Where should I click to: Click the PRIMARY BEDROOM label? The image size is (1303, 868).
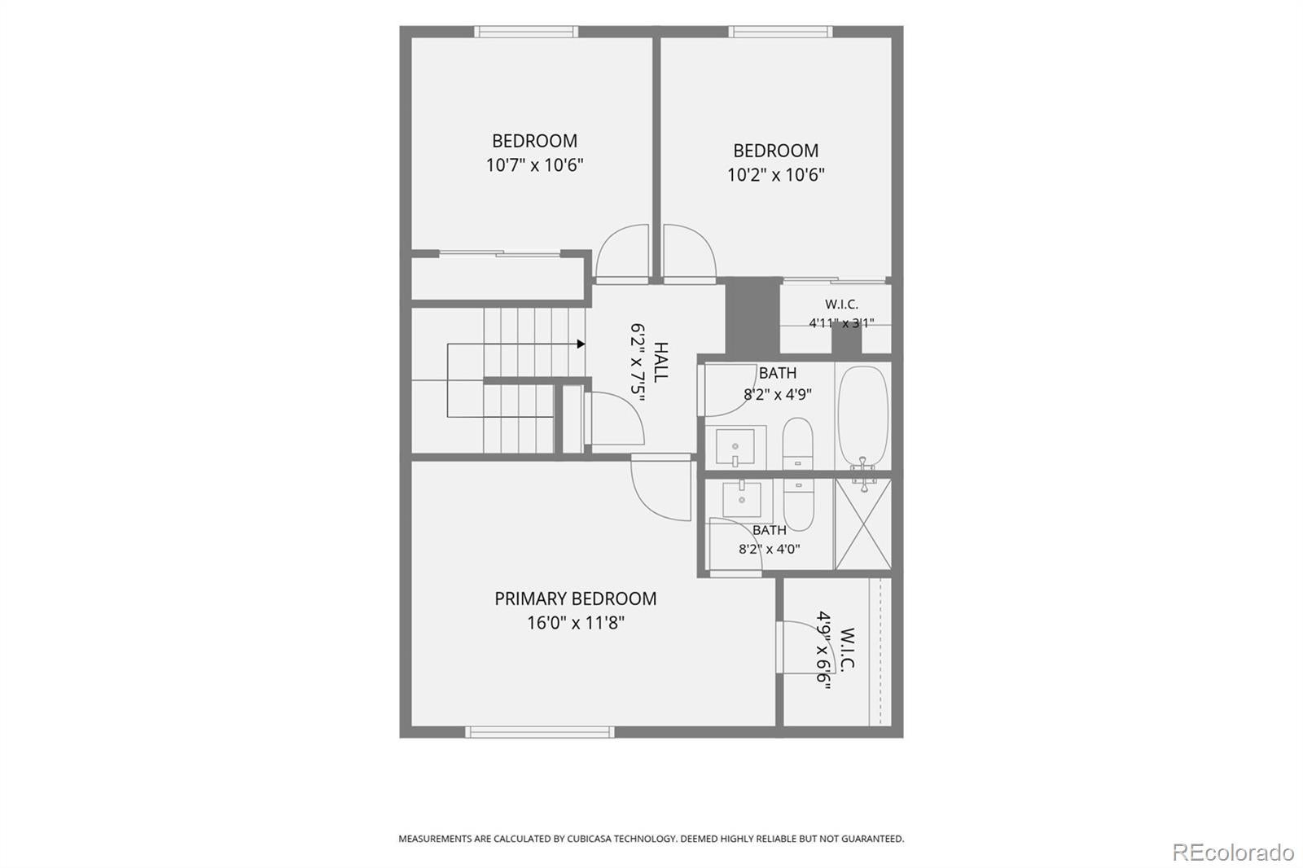click(575, 598)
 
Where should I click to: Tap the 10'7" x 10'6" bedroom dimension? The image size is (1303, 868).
click(534, 165)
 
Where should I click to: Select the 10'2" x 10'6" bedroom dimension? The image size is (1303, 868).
click(776, 174)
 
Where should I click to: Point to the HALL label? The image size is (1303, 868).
click(660, 362)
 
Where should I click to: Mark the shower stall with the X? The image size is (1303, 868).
click(863, 524)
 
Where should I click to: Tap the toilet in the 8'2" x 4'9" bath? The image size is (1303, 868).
click(797, 443)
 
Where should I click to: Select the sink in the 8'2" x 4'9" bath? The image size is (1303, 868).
click(735, 447)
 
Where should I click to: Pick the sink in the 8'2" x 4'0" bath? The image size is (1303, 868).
click(742, 499)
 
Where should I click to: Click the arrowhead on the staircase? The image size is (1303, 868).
click(581, 344)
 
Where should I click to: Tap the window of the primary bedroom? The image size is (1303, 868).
click(540, 732)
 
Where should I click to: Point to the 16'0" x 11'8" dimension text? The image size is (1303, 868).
click(576, 623)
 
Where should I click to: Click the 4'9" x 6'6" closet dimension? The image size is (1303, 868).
click(823, 650)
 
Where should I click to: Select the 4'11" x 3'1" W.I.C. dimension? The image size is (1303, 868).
click(841, 323)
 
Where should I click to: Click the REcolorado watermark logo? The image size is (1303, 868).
click(1234, 853)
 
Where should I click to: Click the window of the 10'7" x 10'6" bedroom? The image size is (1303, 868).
click(526, 32)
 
